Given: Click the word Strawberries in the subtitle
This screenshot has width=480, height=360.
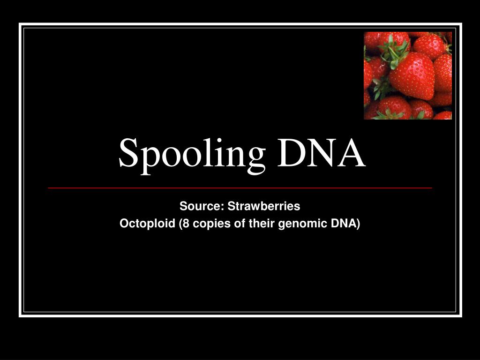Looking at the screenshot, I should [264, 206].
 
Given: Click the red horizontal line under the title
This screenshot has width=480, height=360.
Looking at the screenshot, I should [240, 187].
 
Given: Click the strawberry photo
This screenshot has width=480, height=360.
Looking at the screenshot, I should [408, 75].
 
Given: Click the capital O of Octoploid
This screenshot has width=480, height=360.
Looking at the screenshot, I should [124, 224].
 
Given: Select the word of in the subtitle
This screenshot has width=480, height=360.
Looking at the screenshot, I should [240, 224].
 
